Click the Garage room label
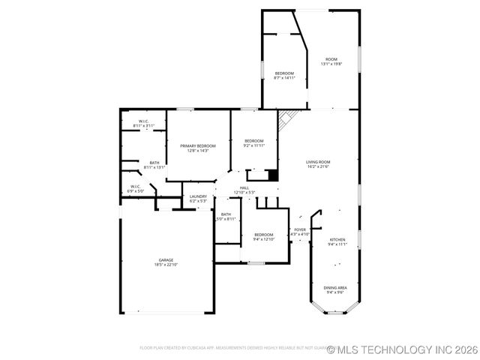pos(165,260)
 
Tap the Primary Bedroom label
pos(197,145)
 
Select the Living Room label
pos(318,162)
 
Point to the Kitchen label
pos(337,239)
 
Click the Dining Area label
pos(334,288)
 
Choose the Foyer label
pos(299,229)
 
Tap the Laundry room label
pos(198,196)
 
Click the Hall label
pos(244,187)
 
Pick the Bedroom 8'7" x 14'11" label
pos(283,73)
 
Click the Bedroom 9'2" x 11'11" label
pos(253,141)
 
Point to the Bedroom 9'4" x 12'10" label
pos(262,235)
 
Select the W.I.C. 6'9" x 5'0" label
pos(135,187)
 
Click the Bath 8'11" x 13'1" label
pos(154,163)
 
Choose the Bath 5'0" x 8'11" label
pos(226,214)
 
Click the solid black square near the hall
pos(274,175)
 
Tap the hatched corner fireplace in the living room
pos(285,120)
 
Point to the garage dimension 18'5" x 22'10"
pos(165,265)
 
